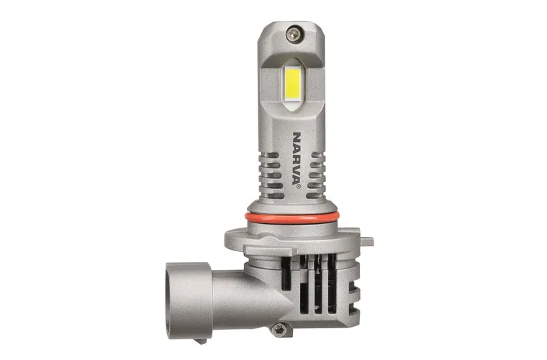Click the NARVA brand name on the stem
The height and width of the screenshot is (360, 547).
(297, 158)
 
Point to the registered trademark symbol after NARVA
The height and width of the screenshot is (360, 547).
(297, 186)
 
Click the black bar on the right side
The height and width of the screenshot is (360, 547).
(501, 180)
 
